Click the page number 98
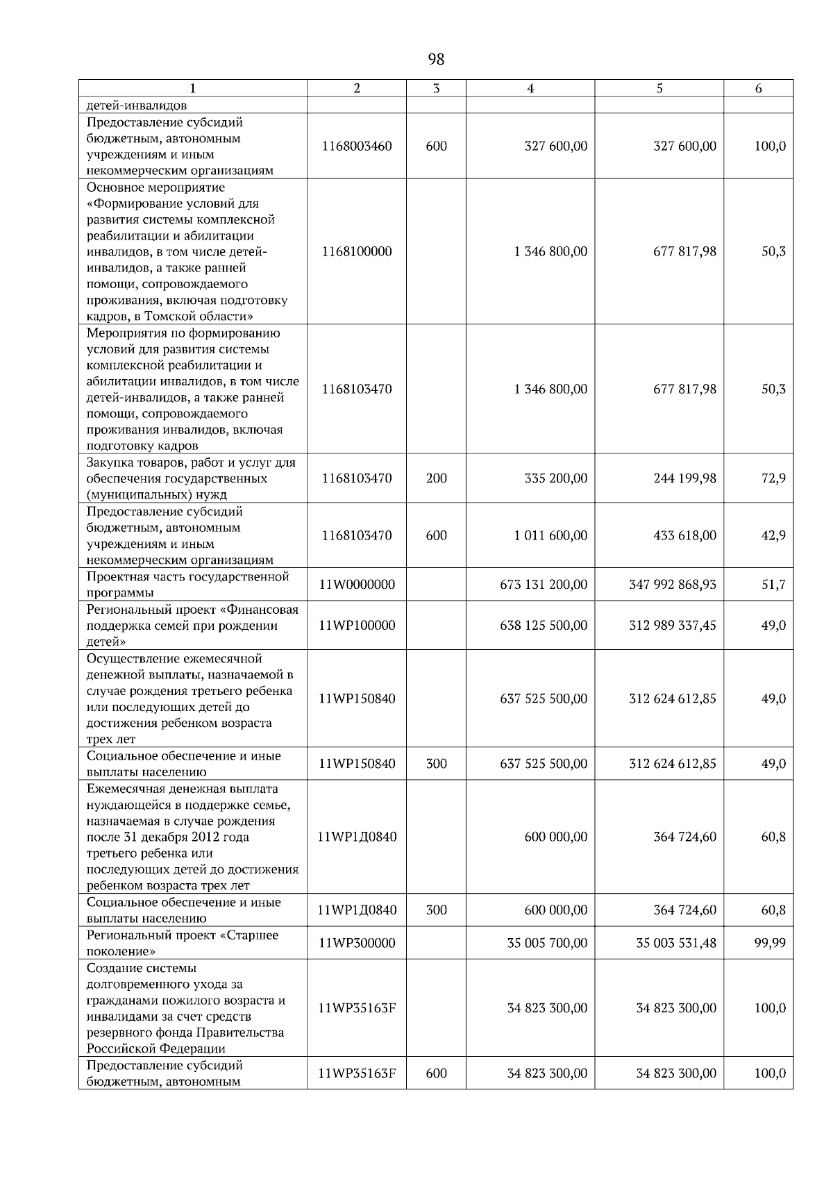(437, 60)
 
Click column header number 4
(530, 88)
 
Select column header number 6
(758, 88)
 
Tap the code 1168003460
(357, 147)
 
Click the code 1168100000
(357, 251)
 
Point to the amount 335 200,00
(555, 478)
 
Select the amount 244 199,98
(684, 478)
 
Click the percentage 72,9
(773, 478)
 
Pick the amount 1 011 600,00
(550, 535)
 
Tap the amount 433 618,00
(684, 535)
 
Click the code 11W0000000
(357, 585)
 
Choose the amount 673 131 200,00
(544, 585)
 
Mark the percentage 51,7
(773, 585)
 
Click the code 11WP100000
(357, 626)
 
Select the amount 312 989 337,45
(673, 626)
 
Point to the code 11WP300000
(357, 943)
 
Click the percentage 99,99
(771, 943)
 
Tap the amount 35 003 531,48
(676, 943)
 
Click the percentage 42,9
(773, 535)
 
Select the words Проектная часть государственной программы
(187, 585)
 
